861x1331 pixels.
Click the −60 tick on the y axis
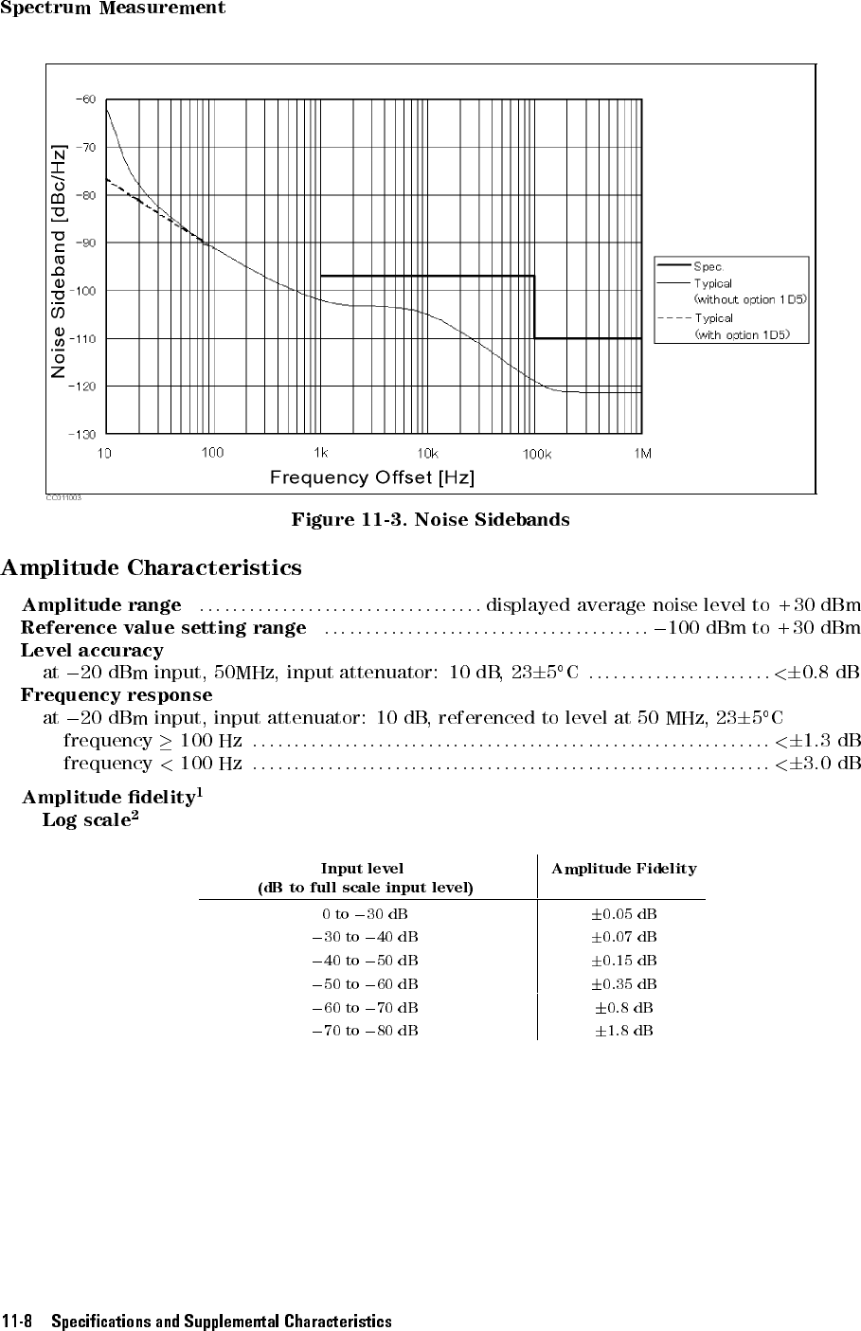coord(86,99)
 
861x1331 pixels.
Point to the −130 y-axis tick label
coord(82,434)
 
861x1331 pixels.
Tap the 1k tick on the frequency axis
coord(321,453)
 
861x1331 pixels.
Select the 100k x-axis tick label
coord(537,454)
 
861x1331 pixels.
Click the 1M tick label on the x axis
coord(643,453)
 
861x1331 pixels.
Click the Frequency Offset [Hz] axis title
coord(372,477)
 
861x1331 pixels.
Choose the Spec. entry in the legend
coord(709,267)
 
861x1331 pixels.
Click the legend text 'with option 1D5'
coord(750,334)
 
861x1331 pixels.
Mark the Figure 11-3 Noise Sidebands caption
coord(430,519)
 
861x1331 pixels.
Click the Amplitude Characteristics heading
coord(152,568)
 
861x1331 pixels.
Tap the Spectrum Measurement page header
coord(113,9)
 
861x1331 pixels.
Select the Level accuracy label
coord(92,651)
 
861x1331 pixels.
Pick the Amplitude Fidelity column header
coord(623,869)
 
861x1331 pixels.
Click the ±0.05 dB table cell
coord(624,914)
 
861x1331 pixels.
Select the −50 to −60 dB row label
coord(366,984)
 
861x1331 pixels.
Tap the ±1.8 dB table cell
coord(624,1030)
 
